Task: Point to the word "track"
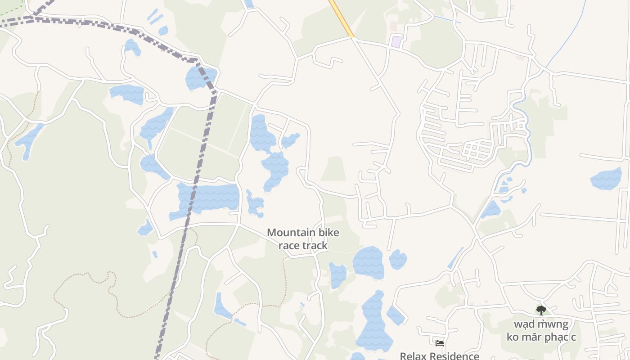tap(315, 245)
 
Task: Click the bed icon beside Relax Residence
tap(440, 343)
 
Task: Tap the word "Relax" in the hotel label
tap(413, 356)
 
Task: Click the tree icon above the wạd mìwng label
tap(541, 310)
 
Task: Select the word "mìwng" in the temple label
tap(553, 324)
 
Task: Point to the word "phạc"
tap(557, 337)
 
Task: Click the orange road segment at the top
tap(342, 18)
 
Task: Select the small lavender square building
tap(396, 42)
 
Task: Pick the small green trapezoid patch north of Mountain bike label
tap(333, 169)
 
